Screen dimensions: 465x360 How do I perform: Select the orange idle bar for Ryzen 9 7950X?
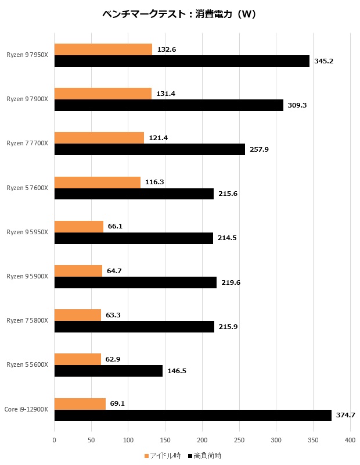coord(103,49)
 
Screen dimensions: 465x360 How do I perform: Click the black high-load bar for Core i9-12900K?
coord(193,415)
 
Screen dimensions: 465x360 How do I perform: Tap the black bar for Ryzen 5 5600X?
coord(108,371)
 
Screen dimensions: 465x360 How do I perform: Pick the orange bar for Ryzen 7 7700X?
coord(99,138)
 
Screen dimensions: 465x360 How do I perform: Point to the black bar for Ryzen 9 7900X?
coord(168,105)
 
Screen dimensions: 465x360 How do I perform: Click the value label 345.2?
coord(323,61)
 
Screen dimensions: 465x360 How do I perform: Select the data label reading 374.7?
coord(345,415)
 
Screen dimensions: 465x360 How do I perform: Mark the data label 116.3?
coord(154,182)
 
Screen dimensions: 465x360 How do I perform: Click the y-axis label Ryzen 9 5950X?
coord(27,232)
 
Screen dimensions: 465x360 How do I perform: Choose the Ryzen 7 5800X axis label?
coord(27,320)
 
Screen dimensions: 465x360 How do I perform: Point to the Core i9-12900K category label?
coord(26,409)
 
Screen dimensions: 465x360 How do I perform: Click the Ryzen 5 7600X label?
coord(27,188)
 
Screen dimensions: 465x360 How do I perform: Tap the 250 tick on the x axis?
coord(239,441)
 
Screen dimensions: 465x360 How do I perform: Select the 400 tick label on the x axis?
coord(350,441)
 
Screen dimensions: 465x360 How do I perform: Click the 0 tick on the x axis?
coord(54,441)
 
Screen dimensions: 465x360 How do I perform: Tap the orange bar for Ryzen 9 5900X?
coord(78,271)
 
